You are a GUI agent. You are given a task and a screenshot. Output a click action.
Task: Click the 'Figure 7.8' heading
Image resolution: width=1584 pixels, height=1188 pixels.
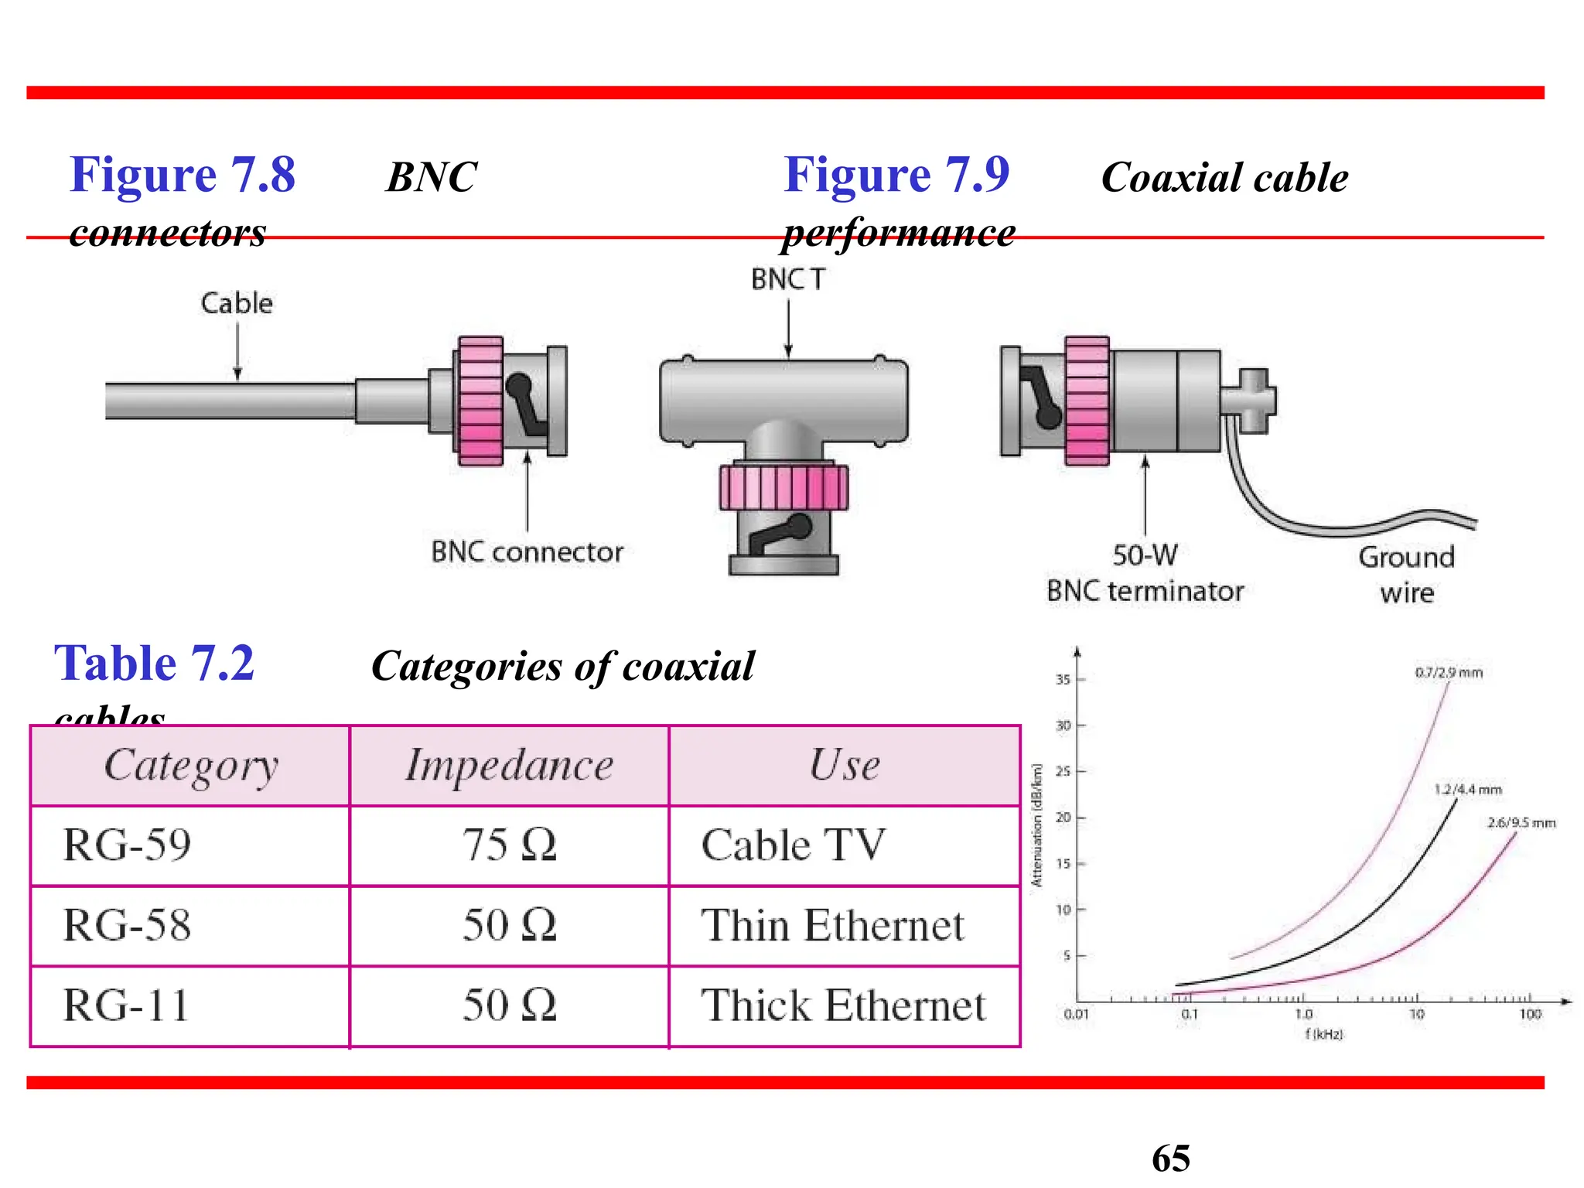click(x=183, y=175)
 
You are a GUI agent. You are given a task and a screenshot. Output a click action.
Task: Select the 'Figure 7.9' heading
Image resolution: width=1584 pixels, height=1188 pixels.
click(x=896, y=175)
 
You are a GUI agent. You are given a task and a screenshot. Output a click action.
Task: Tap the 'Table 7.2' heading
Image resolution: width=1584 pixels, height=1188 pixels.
click(x=154, y=664)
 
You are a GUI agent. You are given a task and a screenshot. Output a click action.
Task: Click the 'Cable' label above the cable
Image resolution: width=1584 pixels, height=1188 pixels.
click(x=237, y=303)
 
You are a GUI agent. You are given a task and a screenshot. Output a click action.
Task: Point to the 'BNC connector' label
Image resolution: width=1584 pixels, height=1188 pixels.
click(x=527, y=552)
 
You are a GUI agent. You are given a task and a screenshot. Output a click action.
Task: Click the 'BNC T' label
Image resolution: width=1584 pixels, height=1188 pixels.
click(x=788, y=279)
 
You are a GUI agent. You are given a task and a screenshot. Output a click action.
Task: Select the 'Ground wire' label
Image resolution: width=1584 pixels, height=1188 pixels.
click(x=1406, y=575)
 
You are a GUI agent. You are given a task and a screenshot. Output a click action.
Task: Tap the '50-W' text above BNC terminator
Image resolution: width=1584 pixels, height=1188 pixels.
click(x=1145, y=555)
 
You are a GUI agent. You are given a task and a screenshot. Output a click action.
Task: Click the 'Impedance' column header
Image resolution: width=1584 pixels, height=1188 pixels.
click(x=509, y=766)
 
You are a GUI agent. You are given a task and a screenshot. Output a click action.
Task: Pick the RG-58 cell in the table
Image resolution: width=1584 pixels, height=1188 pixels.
click(x=127, y=925)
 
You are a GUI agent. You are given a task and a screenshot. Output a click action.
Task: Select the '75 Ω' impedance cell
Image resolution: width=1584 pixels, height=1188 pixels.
click(x=509, y=845)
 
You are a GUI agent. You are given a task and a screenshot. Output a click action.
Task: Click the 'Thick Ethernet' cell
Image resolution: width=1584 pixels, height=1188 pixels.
click(x=843, y=1005)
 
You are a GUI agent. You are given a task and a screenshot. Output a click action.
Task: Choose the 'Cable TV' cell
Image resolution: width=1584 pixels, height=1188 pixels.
click(x=793, y=845)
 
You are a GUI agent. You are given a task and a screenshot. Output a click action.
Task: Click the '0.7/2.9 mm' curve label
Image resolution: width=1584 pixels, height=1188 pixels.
click(x=1449, y=673)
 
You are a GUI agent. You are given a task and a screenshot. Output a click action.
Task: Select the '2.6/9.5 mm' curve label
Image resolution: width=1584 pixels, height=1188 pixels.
click(x=1521, y=823)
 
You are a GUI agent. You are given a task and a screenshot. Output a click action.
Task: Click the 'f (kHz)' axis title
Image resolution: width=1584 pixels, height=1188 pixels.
click(x=1324, y=1034)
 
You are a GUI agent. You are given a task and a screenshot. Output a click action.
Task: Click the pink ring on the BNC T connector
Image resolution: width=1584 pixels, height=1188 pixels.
click(x=783, y=487)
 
